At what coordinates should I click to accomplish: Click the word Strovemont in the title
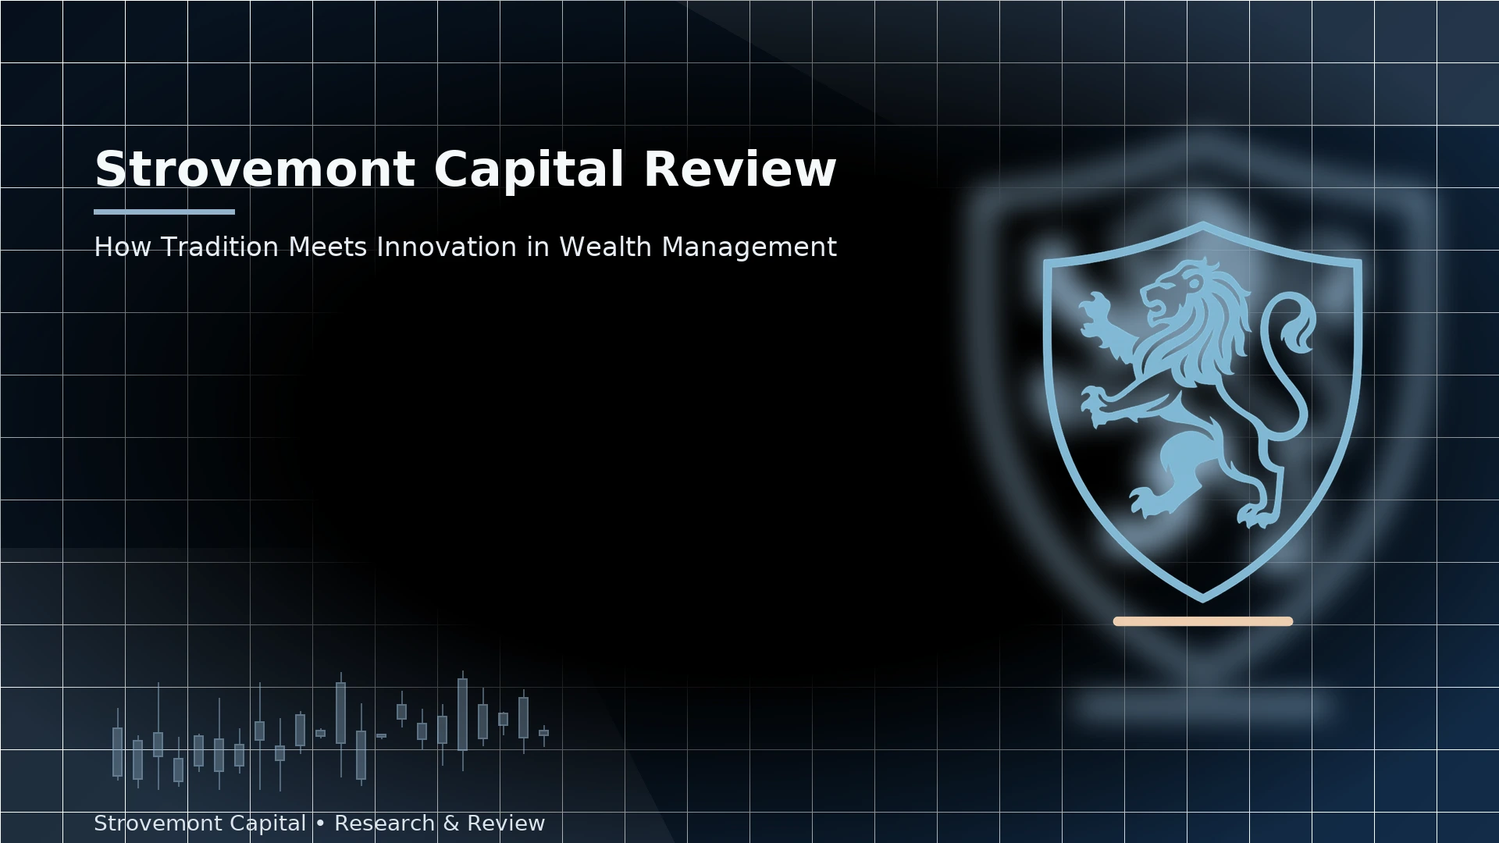point(255,169)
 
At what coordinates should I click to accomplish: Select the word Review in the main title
point(739,169)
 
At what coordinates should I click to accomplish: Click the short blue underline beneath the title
point(164,212)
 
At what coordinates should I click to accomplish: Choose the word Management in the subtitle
point(749,248)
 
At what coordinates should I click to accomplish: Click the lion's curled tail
point(1292,328)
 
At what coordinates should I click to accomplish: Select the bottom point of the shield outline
point(1202,601)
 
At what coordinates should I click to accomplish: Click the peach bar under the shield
point(1203,621)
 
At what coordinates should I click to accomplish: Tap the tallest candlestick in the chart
point(462,714)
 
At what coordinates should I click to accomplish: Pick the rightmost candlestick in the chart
point(543,733)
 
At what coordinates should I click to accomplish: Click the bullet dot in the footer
point(320,824)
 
